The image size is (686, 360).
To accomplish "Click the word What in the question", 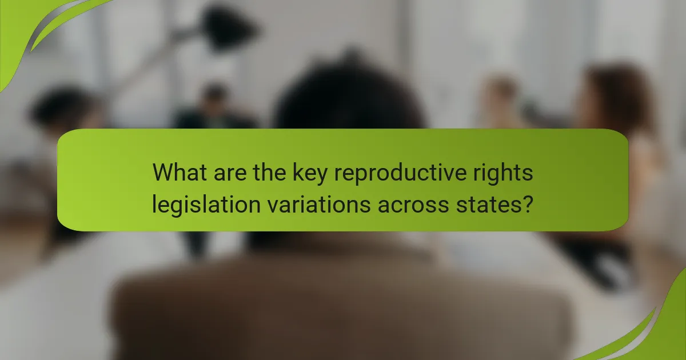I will (x=180, y=172).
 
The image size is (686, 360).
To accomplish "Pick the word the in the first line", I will (x=272, y=172).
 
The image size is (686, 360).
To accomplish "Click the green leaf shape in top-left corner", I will (x=29, y=29).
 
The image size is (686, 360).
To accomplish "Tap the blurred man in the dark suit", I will (x=214, y=111).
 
